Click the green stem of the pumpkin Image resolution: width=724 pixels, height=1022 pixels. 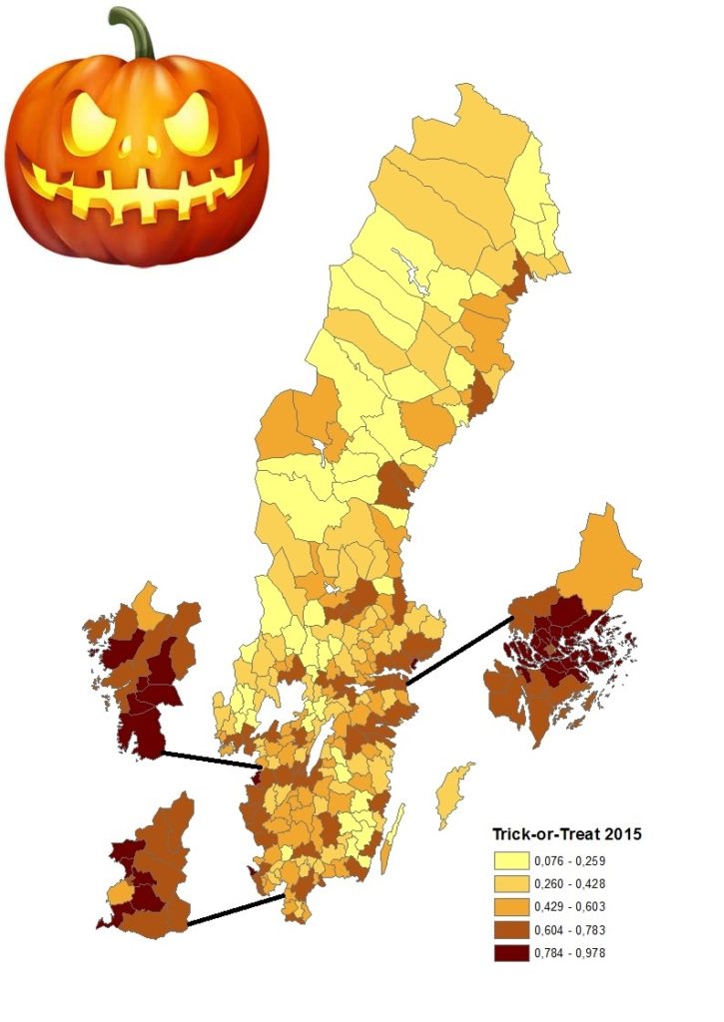click(x=135, y=30)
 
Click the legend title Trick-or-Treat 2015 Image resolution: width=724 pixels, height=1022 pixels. click(x=566, y=833)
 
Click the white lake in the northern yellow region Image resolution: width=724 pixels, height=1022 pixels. click(x=410, y=270)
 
